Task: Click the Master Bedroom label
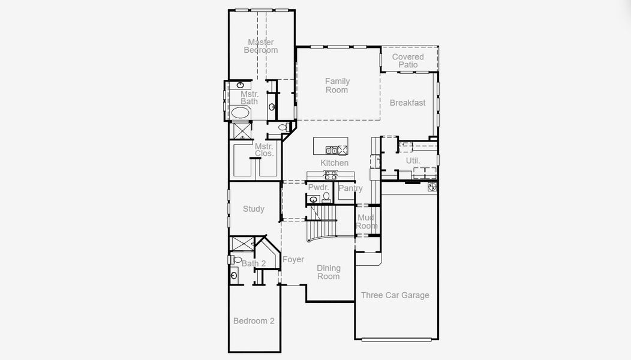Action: (261, 46)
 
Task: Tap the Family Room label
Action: (337, 86)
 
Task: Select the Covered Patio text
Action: (408, 61)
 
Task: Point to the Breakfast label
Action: (407, 103)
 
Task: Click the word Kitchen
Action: (334, 163)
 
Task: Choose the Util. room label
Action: (413, 161)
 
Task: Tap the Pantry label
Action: (350, 188)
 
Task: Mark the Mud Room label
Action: (366, 221)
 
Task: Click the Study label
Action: (253, 209)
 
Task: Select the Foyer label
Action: (293, 260)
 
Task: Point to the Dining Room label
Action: (328, 272)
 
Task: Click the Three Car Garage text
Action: (395, 295)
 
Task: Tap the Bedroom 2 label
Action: (254, 321)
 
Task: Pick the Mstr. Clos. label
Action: (264, 150)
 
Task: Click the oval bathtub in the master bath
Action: (241, 113)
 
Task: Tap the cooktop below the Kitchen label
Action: (330, 175)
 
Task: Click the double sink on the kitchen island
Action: (331, 150)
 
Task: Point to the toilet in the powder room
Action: (326, 196)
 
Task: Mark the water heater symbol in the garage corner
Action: (432, 187)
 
